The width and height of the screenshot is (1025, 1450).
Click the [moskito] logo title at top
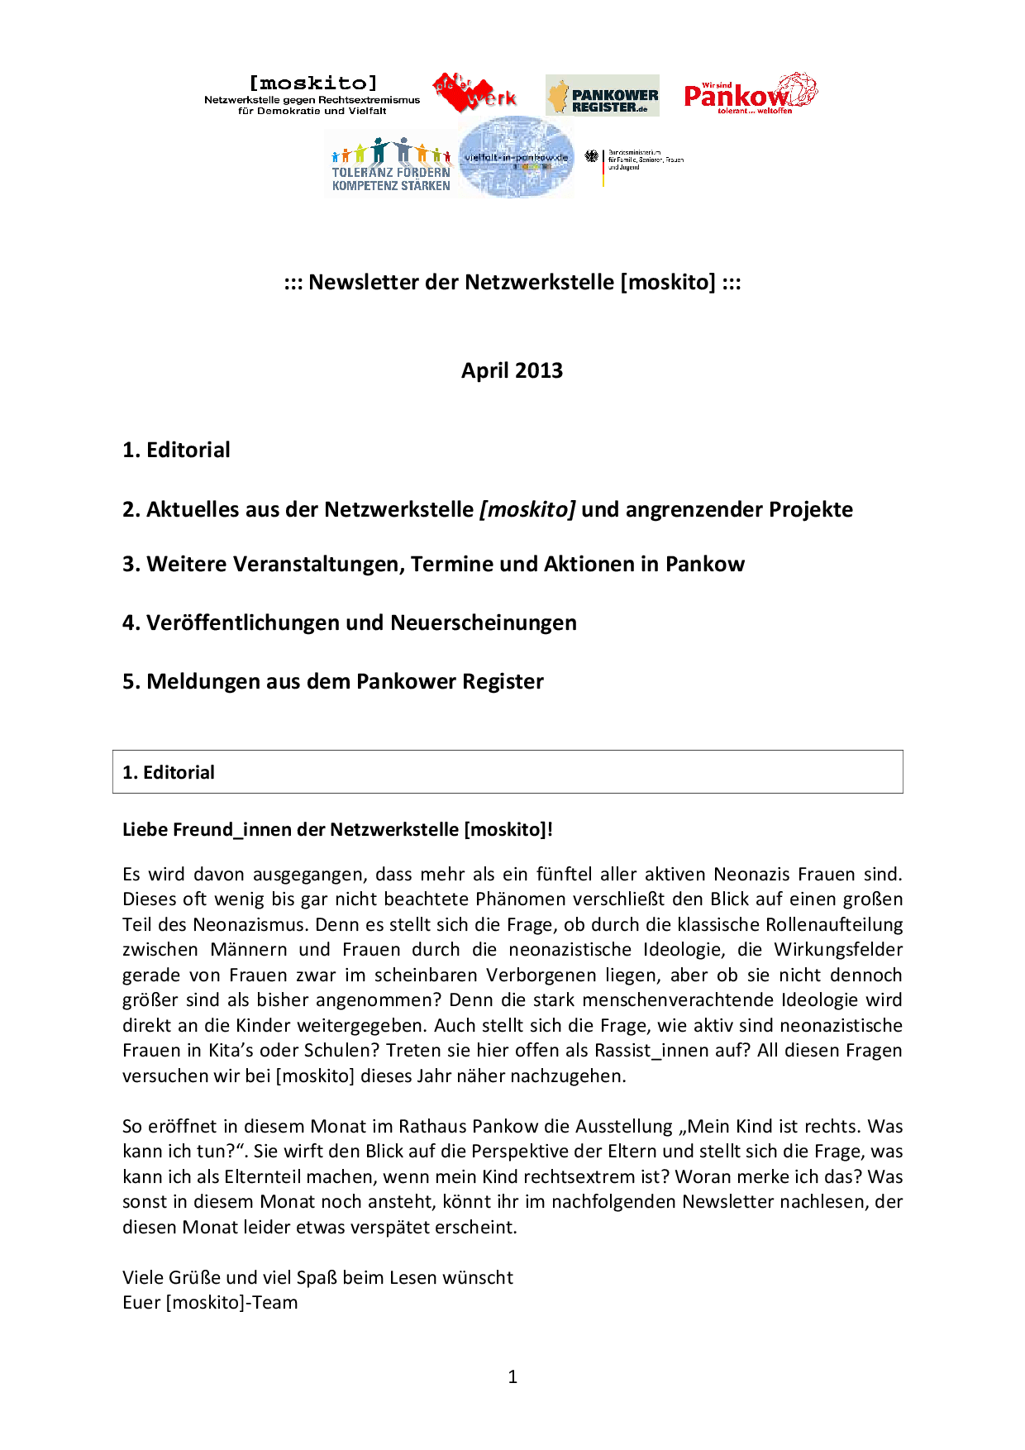point(312,83)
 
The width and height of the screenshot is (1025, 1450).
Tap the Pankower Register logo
point(603,96)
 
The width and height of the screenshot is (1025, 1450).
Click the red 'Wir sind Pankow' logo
point(750,93)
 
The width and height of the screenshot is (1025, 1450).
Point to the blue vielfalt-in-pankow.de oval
point(516,157)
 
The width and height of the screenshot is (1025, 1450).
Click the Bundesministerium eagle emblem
point(592,155)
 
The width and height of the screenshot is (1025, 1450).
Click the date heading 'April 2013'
point(512,370)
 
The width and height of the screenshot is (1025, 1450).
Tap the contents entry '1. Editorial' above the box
point(176,450)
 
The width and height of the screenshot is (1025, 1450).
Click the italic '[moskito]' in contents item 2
point(527,509)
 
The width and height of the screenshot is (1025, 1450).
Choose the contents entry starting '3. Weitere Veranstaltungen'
point(433,564)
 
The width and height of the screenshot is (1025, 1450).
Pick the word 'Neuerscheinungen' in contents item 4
point(484,622)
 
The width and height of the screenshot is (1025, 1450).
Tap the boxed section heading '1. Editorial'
point(169,772)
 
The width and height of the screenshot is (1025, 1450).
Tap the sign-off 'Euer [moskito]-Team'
point(210,1302)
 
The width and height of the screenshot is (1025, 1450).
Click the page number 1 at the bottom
point(512,1376)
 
